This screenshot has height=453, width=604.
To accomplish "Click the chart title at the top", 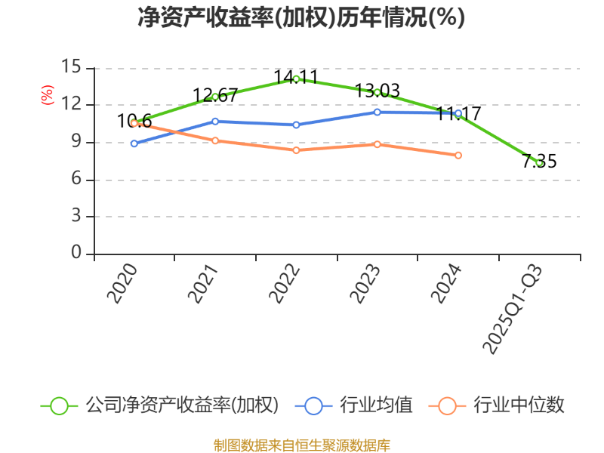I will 301,17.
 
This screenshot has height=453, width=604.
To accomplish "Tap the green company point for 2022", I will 296,79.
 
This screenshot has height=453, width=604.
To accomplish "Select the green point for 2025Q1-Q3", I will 539,162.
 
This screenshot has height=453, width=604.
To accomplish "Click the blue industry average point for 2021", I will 215,121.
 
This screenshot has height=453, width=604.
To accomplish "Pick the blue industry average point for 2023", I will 377,112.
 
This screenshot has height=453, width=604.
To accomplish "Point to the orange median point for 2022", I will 296,150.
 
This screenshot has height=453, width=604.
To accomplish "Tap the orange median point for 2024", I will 458,156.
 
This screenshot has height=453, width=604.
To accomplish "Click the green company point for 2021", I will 215,97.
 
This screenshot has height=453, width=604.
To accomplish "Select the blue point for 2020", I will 134,143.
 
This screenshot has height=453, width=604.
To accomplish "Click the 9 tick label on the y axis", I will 75,142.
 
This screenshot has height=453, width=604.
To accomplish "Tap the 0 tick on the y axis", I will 75,254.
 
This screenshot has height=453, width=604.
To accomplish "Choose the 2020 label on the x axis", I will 122,284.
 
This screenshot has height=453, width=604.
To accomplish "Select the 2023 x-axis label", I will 365,284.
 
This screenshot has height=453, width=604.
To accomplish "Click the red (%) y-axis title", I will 47,96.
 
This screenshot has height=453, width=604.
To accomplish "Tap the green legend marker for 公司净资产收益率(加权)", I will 60,405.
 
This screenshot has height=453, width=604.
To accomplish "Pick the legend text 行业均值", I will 376,405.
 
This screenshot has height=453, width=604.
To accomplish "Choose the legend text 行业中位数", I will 519,405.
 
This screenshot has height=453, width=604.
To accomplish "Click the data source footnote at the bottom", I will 301,445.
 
